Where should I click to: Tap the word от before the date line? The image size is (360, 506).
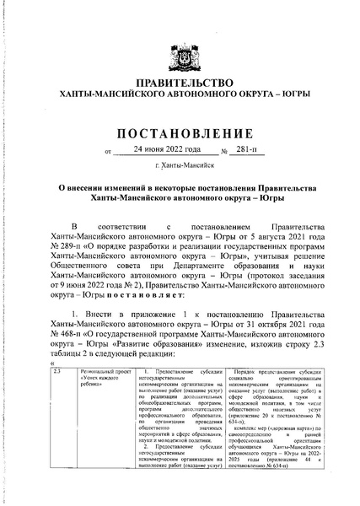[106, 153]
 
